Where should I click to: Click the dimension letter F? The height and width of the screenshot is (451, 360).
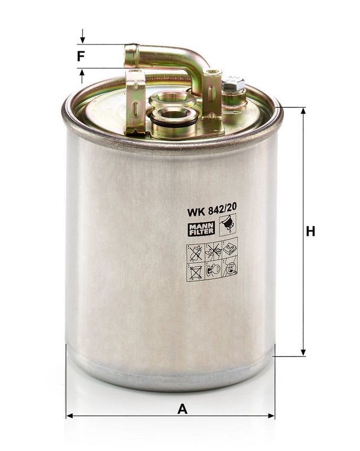coord(81,56)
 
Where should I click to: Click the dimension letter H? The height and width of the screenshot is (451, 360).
coord(310,231)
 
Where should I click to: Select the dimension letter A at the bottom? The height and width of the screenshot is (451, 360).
coord(182,409)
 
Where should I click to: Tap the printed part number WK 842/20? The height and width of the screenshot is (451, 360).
coord(212,212)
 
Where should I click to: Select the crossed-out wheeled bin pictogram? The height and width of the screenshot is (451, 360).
coord(195,272)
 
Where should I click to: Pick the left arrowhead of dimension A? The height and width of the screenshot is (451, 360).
coord(69,416)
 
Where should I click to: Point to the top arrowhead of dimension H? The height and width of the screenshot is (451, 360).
coord(303,110)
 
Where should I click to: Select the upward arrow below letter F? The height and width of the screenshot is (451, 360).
coord(82,73)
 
